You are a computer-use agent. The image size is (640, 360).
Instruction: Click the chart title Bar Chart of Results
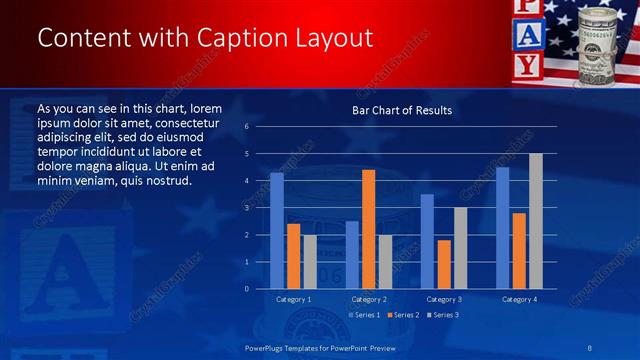[401, 110]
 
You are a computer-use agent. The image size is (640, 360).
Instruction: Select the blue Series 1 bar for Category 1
[277, 230]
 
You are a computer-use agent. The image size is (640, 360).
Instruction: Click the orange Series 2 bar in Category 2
[368, 229]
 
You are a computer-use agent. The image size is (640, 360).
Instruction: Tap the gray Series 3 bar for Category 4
[535, 221]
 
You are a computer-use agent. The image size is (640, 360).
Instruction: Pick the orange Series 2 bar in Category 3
[443, 264]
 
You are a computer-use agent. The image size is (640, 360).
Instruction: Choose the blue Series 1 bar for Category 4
[502, 227]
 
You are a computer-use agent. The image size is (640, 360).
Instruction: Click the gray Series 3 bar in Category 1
[310, 261]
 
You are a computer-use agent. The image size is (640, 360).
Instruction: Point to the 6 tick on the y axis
[246, 127]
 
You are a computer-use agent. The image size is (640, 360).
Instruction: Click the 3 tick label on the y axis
[246, 208]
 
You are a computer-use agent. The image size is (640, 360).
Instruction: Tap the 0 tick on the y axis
[246, 289]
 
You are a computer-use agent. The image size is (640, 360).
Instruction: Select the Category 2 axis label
[369, 299]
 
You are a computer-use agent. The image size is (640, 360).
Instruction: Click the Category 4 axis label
[519, 299]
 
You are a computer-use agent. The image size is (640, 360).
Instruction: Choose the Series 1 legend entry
[362, 315]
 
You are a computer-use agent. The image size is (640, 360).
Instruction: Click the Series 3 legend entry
[442, 315]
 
